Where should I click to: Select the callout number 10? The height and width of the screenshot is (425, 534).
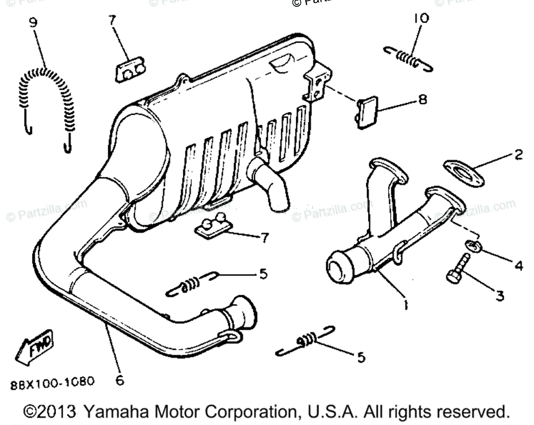(x=421, y=18)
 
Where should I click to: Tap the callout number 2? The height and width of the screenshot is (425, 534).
(x=518, y=156)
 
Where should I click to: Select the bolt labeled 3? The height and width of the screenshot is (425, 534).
(x=457, y=269)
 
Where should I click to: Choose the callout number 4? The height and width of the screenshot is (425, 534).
(x=518, y=266)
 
